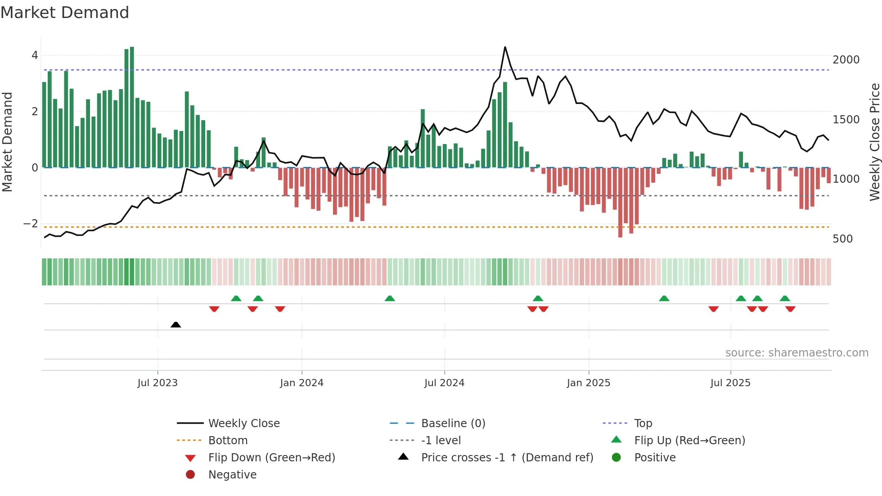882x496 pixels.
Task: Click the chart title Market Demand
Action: tap(65, 13)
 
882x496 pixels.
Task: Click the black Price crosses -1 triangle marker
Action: tap(176, 325)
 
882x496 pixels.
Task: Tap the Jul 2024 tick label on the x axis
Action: tap(444, 383)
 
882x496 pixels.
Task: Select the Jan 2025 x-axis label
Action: tap(588, 383)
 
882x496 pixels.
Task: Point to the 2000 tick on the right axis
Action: tap(846, 60)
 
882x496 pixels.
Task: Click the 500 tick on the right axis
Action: tap(842, 239)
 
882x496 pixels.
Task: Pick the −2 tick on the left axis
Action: tap(31, 224)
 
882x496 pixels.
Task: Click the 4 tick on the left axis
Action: tap(35, 55)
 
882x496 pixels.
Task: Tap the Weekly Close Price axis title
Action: tap(874, 142)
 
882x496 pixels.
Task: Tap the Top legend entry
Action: tap(643, 423)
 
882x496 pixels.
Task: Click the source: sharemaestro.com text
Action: tap(796, 352)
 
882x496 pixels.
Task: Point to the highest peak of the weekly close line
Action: tap(505, 47)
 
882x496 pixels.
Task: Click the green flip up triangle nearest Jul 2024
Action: tap(390, 298)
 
